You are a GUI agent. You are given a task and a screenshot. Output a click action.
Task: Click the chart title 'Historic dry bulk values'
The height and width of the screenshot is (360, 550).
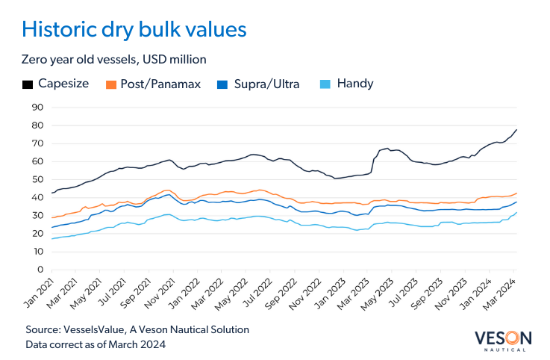[x=134, y=29]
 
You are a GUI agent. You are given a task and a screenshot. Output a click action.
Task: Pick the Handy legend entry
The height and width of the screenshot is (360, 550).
[x=348, y=84]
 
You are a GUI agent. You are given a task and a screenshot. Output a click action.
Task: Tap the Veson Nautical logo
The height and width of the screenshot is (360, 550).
[x=501, y=338]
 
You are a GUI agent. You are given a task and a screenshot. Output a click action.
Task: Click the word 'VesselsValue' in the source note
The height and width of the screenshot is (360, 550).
[x=99, y=329]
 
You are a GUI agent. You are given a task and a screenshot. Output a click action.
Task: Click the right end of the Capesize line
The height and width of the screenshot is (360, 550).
[x=516, y=130]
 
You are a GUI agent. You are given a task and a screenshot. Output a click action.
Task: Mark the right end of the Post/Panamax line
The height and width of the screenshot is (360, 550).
[x=516, y=193]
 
